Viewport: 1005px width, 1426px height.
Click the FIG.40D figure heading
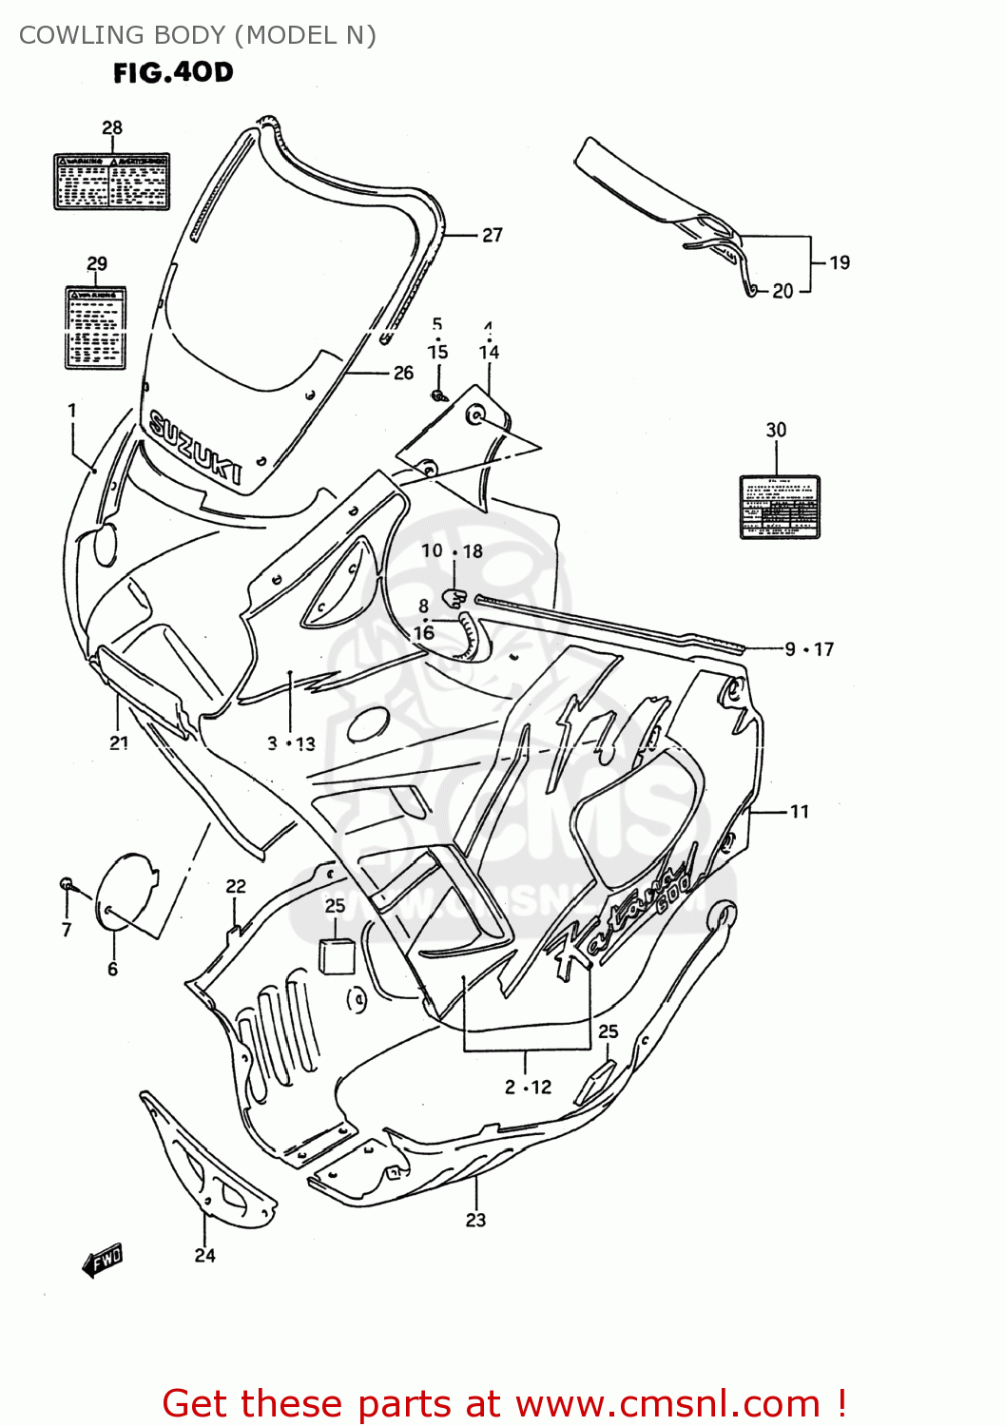pos(173,72)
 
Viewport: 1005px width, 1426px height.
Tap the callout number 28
pos(112,127)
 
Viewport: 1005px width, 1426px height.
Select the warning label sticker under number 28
pos(112,181)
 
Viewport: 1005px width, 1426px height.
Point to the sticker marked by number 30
pos(780,507)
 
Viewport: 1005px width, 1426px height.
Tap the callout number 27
pos(492,235)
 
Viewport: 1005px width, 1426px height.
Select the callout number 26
pos(403,373)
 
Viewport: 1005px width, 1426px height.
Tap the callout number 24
pos(204,1255)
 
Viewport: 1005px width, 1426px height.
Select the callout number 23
pos(475,1220)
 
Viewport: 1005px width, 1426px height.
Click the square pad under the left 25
pos(336,955)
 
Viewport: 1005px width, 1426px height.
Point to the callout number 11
pos(799,811)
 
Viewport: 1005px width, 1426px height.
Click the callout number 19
pos(839,262)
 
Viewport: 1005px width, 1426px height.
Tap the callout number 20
pos(782,291)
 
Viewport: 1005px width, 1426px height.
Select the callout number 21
pos(119,742)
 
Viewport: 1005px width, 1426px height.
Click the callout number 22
pos(236,886)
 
